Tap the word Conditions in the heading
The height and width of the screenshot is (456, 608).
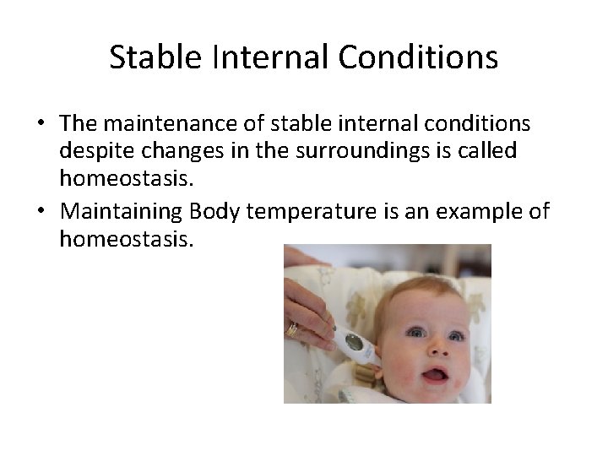[418, 57]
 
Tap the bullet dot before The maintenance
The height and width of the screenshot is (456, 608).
[41, 124]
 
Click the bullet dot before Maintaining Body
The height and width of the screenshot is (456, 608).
[41, 210]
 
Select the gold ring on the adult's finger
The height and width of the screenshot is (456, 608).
[292, 330]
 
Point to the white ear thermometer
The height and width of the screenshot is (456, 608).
[355, 344]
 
